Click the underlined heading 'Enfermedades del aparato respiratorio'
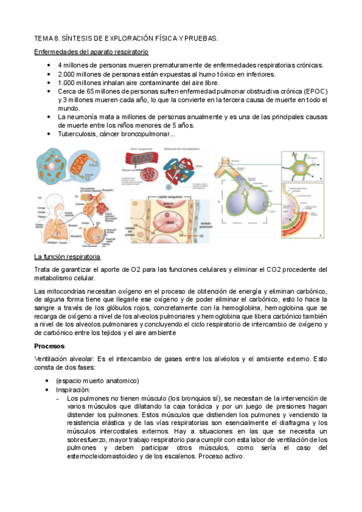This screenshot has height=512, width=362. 91,53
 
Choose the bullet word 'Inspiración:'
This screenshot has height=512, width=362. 75,390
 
